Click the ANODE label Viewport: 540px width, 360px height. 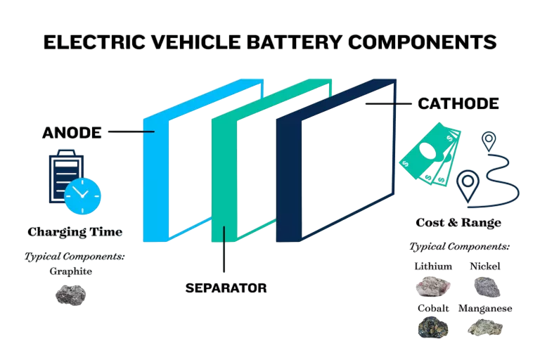72,132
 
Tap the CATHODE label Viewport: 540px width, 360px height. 458,103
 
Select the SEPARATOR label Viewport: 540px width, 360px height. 226,288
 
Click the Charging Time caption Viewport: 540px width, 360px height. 75,231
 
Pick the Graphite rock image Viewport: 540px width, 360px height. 70,295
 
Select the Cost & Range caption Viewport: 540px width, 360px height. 458,223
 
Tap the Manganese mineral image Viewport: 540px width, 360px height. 485,327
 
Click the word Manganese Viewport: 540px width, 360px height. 485,308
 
